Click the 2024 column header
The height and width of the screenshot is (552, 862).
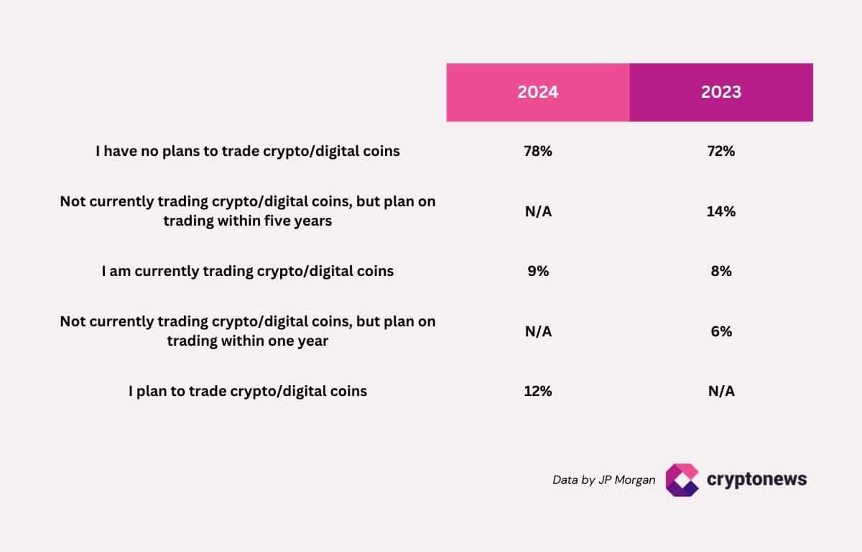pos(538,93)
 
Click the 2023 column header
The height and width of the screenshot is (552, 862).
pos(721,93)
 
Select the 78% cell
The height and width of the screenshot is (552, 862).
pos(538,152)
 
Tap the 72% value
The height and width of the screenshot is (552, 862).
pos(721,152)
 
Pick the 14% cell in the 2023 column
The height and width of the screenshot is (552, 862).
pos(721,211)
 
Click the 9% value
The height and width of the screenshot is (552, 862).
pos(538,271)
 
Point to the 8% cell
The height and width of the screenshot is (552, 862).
pos(721,271)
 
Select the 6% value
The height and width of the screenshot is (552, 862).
pos(721,331)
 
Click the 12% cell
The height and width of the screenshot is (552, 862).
pos(538,391)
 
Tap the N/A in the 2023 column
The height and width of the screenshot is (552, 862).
pos(721,391)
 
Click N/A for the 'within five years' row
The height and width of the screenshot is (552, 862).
pos(538,211)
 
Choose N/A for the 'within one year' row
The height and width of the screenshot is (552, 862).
pos(538,331)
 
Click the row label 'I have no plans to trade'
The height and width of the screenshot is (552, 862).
pos(248,152)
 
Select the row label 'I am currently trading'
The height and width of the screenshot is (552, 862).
pos(248,271)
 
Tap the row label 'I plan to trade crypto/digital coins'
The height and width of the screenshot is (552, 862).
pos(248,391)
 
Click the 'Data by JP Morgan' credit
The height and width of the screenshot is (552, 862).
pos(603,479)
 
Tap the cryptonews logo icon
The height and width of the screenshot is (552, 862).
pos(682,479)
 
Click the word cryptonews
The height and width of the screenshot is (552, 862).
pos(756,479)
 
